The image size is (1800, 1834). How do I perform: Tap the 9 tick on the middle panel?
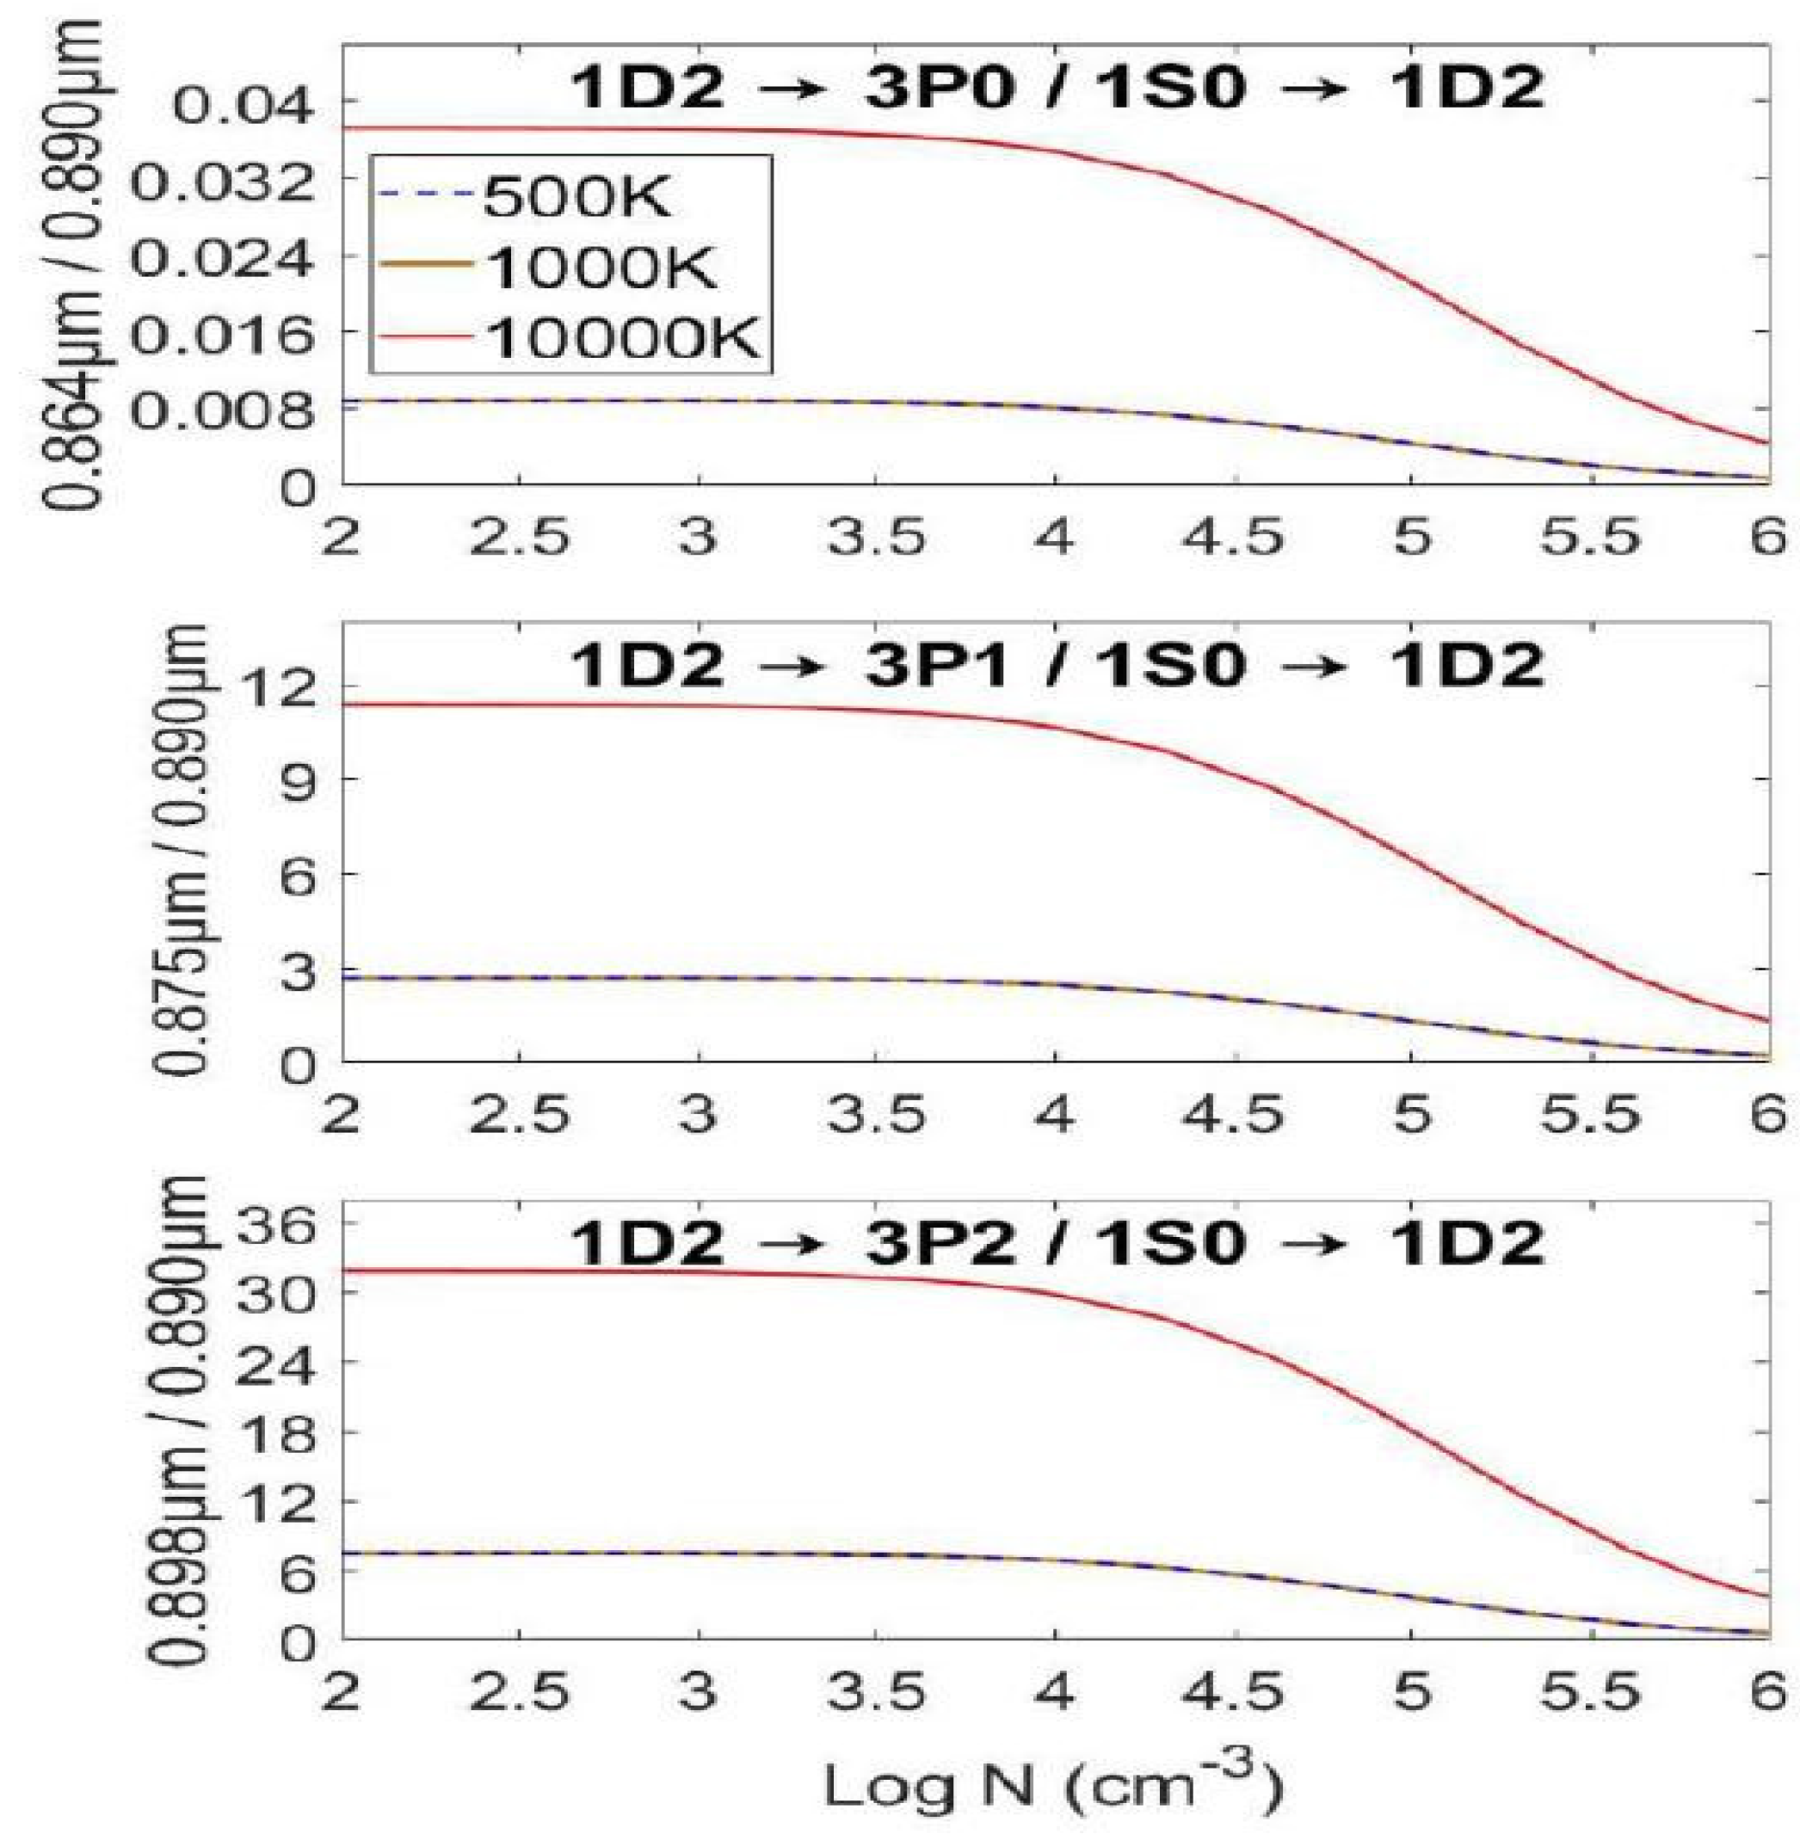tap(295, 779)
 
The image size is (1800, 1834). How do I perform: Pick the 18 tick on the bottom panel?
tap(275, 1431)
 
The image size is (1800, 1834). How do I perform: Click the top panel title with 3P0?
tap(1056, 89)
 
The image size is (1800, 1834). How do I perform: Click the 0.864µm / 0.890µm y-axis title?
tap(71, 265)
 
